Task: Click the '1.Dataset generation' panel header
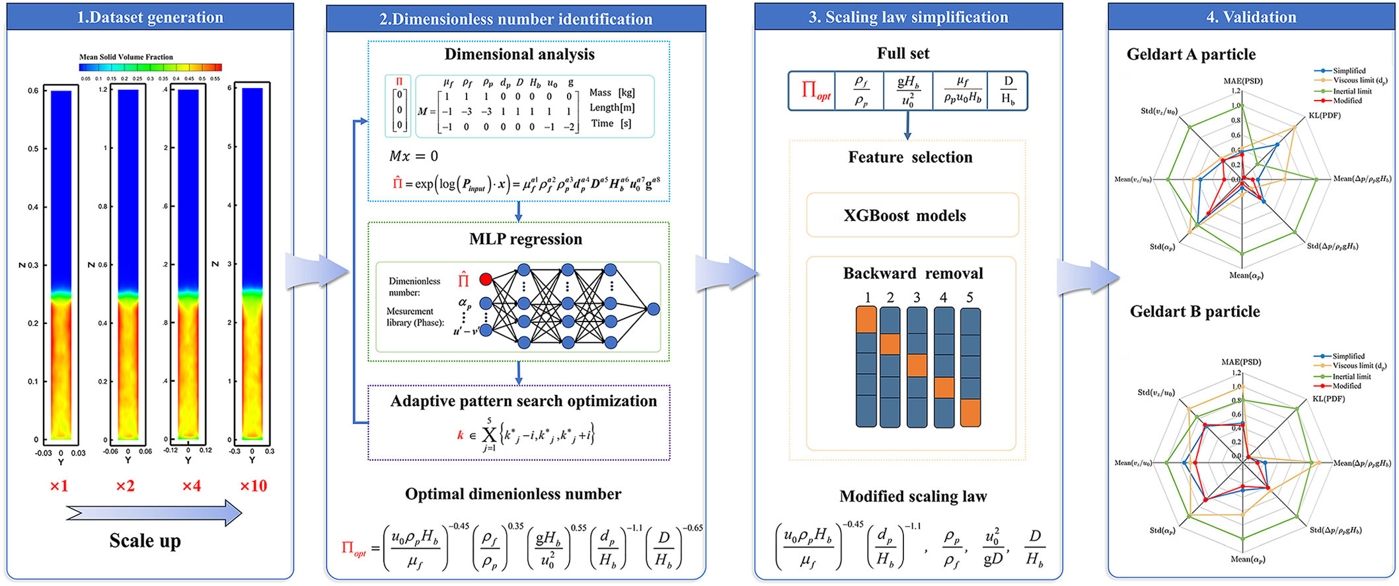click(150, 17)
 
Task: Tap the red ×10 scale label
click(253, 486)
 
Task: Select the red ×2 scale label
click(125, 486)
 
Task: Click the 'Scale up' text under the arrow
click(145, 541)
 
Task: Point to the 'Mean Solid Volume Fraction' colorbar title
click(126, 58)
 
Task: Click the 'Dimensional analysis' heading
click(519, 54)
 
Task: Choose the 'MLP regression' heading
click(525, 239)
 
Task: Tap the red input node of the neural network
click(486, 279)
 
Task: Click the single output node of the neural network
click(653, 309)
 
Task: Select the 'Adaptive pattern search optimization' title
click(523, 401)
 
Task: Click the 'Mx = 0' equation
click(413, 156)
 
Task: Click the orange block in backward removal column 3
click(917, 365)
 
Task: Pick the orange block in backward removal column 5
click(969, 413)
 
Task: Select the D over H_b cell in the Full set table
click(1008, 91)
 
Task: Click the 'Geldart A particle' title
click(1191, 54)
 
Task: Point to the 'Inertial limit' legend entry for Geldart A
click(1351, 91)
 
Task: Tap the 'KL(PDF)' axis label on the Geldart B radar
click(1329, 399)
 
